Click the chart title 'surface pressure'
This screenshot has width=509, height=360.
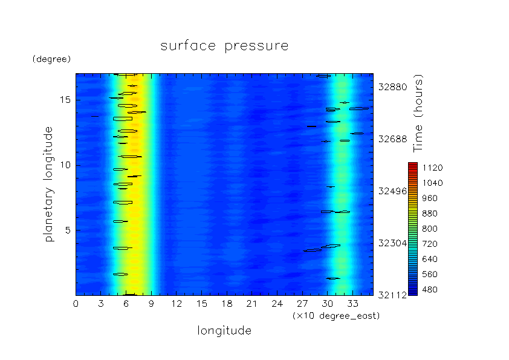pyautogui.click(x=224, y=46)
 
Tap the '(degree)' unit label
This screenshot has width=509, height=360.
pyautogui.click(x=51, y=59)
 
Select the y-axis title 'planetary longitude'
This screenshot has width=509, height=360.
pyautogui.click(x=48, y=184)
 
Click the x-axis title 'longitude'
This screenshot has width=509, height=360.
pyautogui.click(x=224, y=331)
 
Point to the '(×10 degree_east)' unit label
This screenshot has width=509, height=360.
pyautogui.click(x=336, y=316)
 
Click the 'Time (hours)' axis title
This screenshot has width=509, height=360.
pyautogui.click(x=418, y=113)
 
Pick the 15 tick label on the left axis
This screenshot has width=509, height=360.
pyautogui.click(x=65, y=100)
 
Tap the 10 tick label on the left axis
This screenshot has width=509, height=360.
pyautogui.click(x=65, y=165)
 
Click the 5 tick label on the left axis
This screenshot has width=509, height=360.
pyautogui.click(x=68, y=231)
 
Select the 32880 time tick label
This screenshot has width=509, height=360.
pyautogui.click(x=393, y=87)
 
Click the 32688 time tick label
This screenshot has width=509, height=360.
pyautogui.click(x=393, y=139)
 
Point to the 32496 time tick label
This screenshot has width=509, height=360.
pyautogui.click(x=393, y=191)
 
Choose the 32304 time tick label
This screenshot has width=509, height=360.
pyautogui.click(x=393, y=243)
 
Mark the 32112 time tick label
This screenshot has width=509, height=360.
pyautogui.click(x=393, y=295)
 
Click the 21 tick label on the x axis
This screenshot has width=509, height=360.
pyautogui.click(x=252, y=304)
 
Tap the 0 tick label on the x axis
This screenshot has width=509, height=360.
pyautogui.click(x=76, y=304)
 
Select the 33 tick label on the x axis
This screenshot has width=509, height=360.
pyautogui.click(x=352, y=304)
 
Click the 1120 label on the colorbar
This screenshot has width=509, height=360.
pyautogui.click(x=433, y=168)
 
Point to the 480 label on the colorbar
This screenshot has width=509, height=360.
pyautogui.click(x=430, y=289)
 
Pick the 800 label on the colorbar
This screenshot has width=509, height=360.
pyautogui.click(x=430, y=229)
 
